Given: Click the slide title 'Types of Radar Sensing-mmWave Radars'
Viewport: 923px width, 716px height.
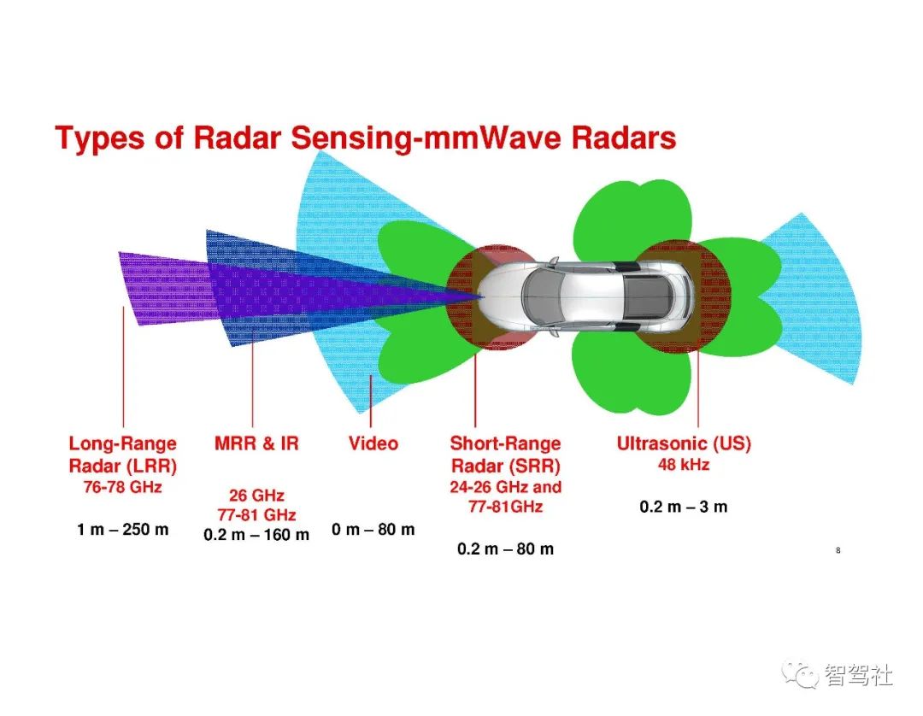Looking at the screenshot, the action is click(x=366, y=138).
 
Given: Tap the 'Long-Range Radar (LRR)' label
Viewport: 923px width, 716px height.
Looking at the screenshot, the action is click(x=122, y=455).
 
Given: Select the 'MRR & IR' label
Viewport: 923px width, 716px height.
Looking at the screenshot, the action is click(x=256, y=443).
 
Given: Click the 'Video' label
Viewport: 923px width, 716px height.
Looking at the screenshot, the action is click(x=373, y=443).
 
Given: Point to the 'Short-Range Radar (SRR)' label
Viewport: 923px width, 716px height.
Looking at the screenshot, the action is click(x=506, y=455).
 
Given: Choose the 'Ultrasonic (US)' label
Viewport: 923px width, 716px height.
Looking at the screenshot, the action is click(x=684, y=443).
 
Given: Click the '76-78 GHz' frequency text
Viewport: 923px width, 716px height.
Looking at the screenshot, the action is click(x=122, y=487).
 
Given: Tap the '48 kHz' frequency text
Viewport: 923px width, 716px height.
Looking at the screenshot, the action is click(x=684, y=465).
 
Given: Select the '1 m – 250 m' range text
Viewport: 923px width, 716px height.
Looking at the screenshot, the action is click(x=122, y=530).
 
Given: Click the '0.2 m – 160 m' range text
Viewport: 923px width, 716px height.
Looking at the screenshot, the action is click(x=256, y=535).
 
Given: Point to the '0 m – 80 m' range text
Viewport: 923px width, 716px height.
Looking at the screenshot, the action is click(x=373, y=530).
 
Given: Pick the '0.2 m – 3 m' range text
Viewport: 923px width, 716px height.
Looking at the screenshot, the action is click(x=684, y=508).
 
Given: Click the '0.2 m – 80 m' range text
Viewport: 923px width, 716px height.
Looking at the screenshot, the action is click(x=505, y=549).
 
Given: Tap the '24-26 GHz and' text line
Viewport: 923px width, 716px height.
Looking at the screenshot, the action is click(x=506, y=487).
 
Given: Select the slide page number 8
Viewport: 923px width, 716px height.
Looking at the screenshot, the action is click(x=838, y=551).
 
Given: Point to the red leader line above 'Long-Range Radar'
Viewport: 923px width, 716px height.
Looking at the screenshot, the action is click(x=124, y=367).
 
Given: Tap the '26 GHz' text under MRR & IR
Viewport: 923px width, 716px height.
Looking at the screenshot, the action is click(x=256, y=496).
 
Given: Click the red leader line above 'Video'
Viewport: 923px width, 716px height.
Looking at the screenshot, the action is click(x=371, y=402).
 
